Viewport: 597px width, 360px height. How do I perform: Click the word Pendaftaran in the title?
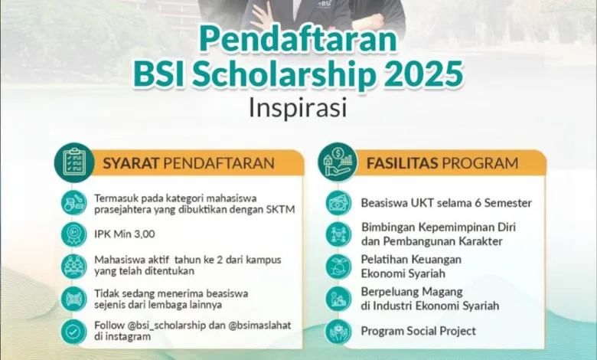coord(298,41)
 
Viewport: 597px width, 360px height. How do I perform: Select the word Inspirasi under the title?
coord(298,108)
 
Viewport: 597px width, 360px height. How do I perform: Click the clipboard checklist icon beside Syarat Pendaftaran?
coord(74,162)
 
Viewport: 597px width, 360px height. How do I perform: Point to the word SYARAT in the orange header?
coord(131,163)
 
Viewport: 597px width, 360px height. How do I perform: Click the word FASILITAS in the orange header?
coord(402,163)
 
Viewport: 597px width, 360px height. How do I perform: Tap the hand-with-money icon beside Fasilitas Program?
coord(338,162)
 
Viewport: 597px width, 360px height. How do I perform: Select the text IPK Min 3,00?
coord(125,234)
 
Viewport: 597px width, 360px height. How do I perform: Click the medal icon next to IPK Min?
coord(73,234)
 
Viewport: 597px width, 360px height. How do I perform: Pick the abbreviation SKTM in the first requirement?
coord(282,210)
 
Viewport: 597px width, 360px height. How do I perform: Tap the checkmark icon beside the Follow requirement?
coord(73,332)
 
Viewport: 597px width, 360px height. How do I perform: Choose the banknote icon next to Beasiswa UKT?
coord(338,203)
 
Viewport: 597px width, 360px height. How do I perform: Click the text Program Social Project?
coord(418,331)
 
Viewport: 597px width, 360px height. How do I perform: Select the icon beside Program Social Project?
coord(338,332)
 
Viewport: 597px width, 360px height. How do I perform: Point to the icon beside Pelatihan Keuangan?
coord(338,267)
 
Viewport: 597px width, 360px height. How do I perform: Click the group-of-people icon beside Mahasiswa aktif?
coord(73,266)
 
